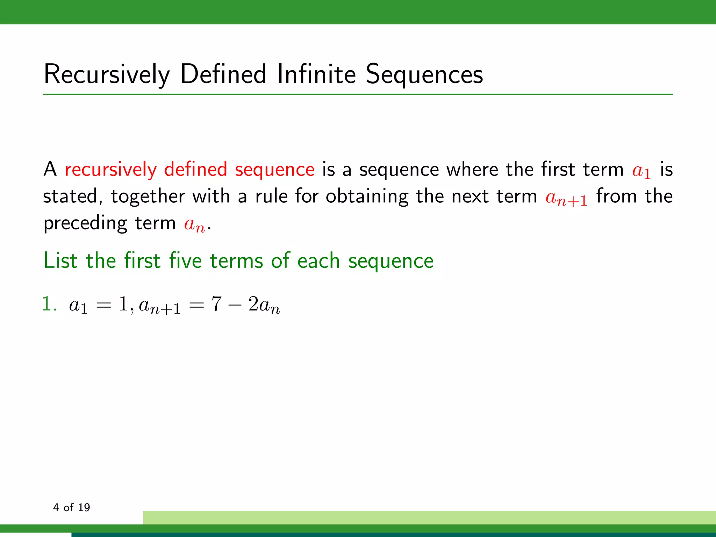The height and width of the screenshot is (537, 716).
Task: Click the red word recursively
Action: (110, 170)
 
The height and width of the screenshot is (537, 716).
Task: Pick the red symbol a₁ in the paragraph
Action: (641, 171)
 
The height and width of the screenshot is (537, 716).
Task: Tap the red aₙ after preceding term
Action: (194, 224)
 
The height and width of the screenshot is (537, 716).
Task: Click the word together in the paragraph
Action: (148, 196)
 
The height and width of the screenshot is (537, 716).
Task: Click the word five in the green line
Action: (185, 261)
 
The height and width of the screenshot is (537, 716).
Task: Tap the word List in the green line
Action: (60, 261)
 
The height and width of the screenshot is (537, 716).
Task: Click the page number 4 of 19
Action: (71, 507)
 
